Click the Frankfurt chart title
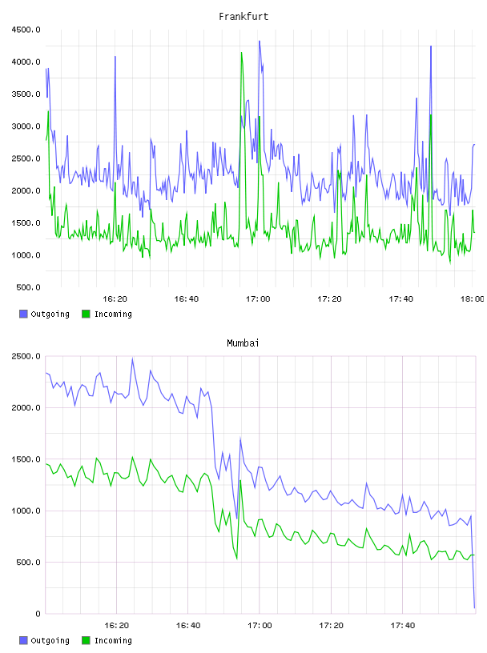(243, 17)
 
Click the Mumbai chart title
(243, 343)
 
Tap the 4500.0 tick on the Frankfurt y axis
(26, 30)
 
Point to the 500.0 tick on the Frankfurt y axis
(28, 287)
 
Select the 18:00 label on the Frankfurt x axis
(472, 299)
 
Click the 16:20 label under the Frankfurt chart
(115, 299)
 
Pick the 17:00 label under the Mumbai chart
(260, 626)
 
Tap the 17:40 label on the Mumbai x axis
(402, 626)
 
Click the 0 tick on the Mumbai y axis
(38, 614)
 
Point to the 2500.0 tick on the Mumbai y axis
(26, 356)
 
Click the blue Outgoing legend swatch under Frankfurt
(23, 314)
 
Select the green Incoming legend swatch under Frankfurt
(86, 314)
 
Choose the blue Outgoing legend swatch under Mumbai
(23, 640)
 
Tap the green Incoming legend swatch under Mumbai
(86, 640)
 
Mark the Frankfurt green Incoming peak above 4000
(241, 53)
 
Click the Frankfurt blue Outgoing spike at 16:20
(115, 57)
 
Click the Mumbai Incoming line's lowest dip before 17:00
(237, 559)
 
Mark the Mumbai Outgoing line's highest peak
(133, 359)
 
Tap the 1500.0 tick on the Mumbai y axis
(26, 459)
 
